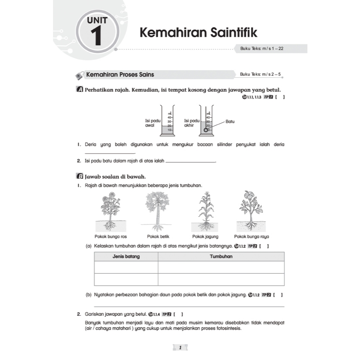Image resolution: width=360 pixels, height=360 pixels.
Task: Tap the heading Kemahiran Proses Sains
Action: point(120,75)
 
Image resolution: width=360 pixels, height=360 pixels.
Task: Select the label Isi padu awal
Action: point(153,123)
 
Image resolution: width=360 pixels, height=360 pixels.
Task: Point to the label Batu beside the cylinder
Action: point(230,122)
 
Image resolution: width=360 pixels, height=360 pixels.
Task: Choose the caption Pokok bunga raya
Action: point(251,236)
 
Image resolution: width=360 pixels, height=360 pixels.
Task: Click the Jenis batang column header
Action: point(126,257)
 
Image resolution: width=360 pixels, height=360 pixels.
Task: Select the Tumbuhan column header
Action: point(221,257)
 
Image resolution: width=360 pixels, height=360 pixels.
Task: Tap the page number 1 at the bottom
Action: point(180,348)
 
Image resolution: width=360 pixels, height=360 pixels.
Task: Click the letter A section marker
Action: point(79,90)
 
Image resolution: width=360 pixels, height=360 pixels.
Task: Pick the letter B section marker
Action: point(79,176)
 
